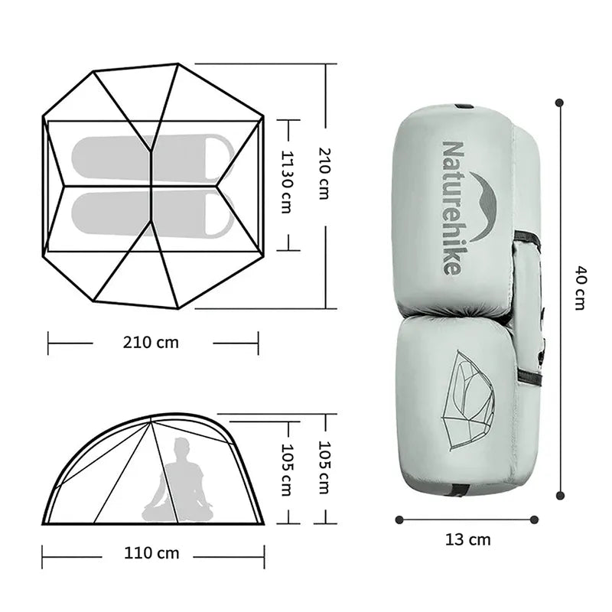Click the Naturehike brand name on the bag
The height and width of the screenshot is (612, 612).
click(x=452, y=207)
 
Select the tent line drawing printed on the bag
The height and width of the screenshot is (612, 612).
click(x=468, y=400)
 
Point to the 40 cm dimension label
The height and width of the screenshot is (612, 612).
click(x=580, y=288)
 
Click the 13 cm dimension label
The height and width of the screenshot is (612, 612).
click(x=467, y=540)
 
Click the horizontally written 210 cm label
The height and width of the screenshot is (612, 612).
click(x=151, y=343)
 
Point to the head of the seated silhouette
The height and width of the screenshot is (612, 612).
click(x=181, y=448)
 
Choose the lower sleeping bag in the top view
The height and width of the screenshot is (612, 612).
click(x=151, y=213)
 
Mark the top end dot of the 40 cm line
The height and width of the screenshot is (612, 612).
click(x=560, y=102)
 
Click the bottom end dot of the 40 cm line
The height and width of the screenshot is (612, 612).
click(x=560, y=496)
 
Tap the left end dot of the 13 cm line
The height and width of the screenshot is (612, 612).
click(x=399, y=519)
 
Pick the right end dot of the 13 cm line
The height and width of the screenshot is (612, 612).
click(x=534, y=519)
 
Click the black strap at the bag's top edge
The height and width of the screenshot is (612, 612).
click(x=464, y=106)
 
